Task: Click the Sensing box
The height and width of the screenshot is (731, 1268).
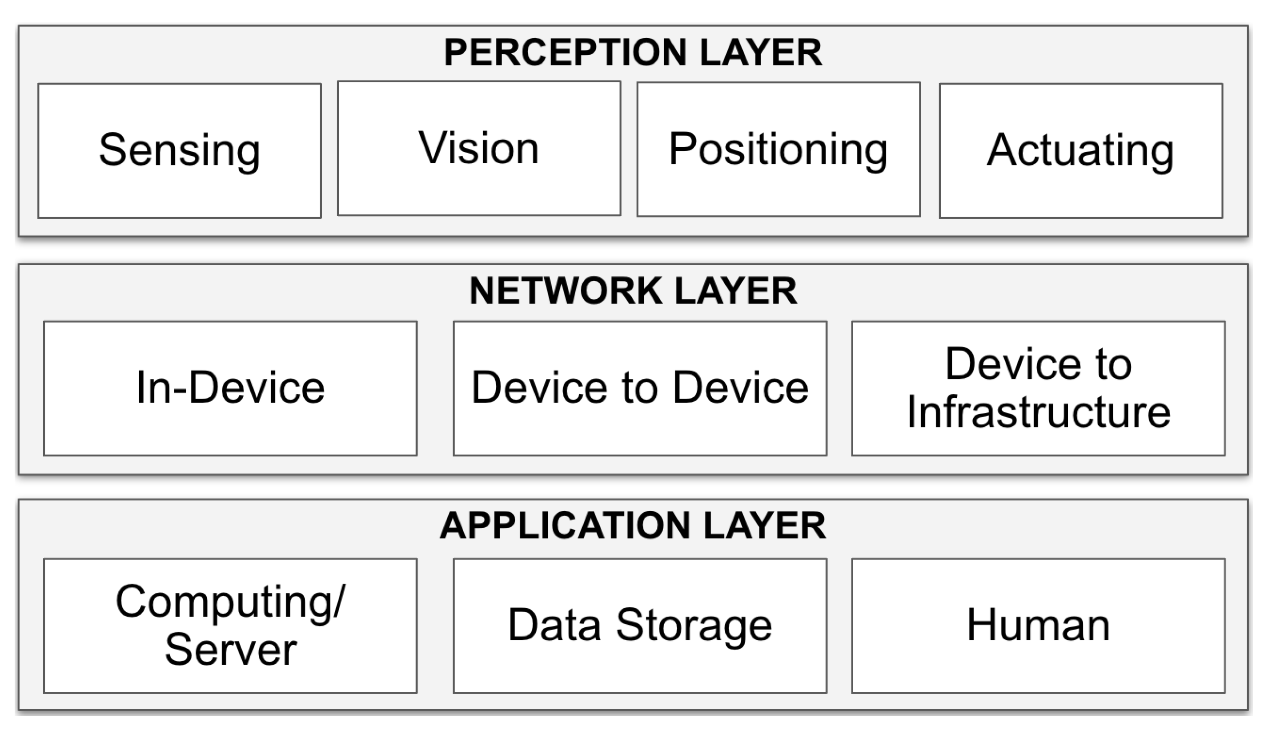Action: [179, 151]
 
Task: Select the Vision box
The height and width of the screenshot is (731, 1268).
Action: [479, 149]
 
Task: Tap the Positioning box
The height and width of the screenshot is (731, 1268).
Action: [778, 149]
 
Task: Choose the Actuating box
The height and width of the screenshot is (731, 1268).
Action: [1080, 151]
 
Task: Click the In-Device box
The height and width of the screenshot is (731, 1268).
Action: [230, 388]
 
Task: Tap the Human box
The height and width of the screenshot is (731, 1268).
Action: [1038, 626]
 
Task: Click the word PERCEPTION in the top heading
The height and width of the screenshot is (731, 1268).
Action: [565, 53]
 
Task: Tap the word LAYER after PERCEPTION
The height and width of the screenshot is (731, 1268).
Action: [760, 53]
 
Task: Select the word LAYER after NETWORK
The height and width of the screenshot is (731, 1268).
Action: [736, 291]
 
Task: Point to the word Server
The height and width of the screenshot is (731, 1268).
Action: [231, 650]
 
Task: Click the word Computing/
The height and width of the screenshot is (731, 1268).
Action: [230, 602]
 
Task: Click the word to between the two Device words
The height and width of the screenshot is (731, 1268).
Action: [639, 388]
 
